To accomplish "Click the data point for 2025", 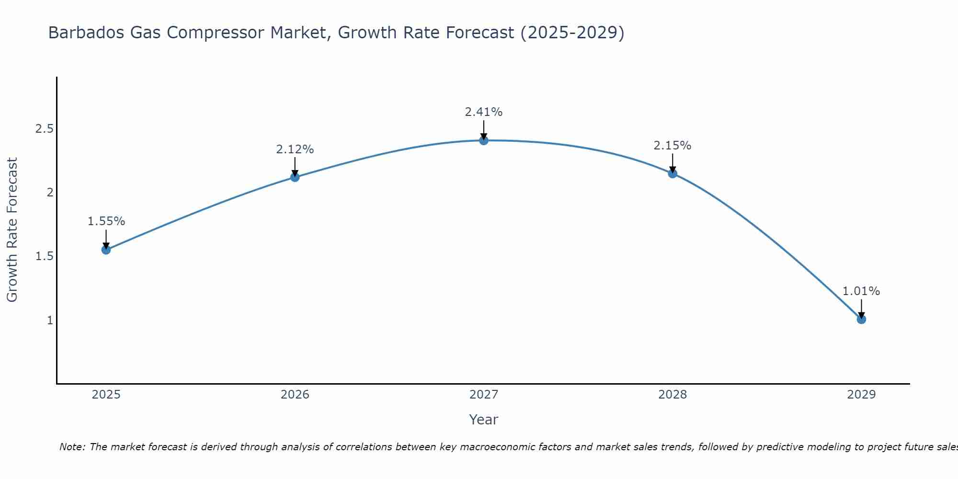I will click(x=106, y=250).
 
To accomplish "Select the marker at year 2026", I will click(x=295, y=177).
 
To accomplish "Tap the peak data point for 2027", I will click(x=484, y=140).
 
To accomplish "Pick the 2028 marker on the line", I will click(x=673, y=173).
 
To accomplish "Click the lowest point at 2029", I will click(x=861, y=319).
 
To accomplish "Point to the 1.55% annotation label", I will click(x=106, y=221).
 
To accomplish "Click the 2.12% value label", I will click(x=295, y=149).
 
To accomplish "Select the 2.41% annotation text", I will click(x=484, y=112).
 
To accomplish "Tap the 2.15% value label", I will click(x=673, y=146).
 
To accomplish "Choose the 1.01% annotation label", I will click(x=861, y=291).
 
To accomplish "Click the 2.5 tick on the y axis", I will click(x=44, y=129).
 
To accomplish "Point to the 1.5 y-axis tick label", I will click(x=44, y=256).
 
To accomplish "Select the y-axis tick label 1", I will click(x=50, y=320).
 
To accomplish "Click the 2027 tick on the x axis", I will click(x=484, y=395).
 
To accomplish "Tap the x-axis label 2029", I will click(x=861, y=395).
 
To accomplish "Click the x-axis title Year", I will click(x=484, y=420).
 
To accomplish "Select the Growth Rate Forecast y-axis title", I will click(x=12, y=230).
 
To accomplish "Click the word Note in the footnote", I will click(x=72, y=447).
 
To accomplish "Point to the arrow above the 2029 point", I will click(x=861, y=308).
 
